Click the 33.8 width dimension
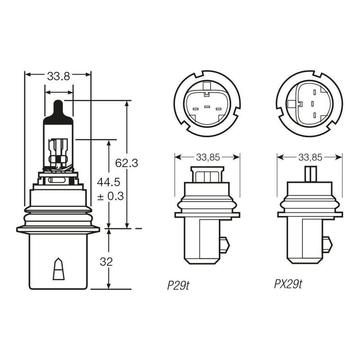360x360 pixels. click(58, 76)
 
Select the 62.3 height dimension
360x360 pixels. click(126, 163)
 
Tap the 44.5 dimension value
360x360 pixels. click(108, 182)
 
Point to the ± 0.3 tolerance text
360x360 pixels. click(110, 196)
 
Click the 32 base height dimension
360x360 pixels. click(106, 262)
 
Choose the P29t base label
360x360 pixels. click(178, 285)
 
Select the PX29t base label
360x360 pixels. click(288, 284)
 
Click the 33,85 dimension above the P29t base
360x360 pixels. click(208, 157)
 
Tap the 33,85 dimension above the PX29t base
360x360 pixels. click(310, 157)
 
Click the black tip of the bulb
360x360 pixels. click(58, 112)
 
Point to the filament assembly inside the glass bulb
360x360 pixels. click(58, 154)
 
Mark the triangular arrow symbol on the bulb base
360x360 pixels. click(58, 269)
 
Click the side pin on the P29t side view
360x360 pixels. click(225, 245)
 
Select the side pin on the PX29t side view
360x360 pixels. click(328, 244)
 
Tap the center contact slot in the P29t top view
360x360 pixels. click(207, 107)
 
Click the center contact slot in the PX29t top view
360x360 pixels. click(312, 104)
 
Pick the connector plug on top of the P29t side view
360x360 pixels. click(207, 175)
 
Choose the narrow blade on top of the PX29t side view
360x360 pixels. click(310, 174)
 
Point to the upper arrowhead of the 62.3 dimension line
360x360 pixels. click(126, 104)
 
